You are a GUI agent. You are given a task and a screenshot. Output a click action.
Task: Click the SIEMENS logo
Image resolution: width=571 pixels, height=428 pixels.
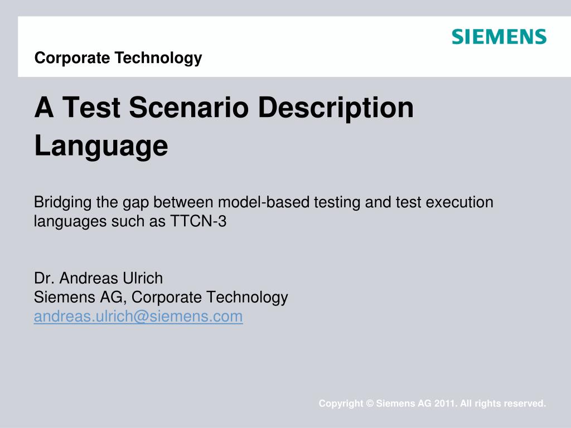(499, 37)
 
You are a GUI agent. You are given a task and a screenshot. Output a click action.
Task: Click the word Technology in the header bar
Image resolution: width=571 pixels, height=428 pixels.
(158, 58)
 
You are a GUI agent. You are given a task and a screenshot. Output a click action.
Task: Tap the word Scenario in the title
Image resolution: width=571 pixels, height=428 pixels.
(188, 108)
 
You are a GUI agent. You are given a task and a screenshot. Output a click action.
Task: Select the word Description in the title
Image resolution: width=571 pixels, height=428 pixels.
(336, 108)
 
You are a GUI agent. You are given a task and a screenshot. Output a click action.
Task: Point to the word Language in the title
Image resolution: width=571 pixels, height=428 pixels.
(101, 147)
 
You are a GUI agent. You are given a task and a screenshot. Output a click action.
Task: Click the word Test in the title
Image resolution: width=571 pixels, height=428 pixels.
(91, 108)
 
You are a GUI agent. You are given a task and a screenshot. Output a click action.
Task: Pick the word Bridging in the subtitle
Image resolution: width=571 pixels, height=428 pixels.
(62, 203)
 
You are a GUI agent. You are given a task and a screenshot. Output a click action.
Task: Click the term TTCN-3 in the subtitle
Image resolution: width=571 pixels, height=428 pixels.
(199, 221)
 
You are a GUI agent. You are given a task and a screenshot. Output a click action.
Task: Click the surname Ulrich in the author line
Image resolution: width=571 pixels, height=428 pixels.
(142, 278)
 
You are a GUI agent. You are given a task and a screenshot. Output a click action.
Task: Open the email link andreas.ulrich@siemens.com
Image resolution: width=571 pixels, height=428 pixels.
(138, 317)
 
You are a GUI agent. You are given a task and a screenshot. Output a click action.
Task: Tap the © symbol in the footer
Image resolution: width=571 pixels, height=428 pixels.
(370, 403)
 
